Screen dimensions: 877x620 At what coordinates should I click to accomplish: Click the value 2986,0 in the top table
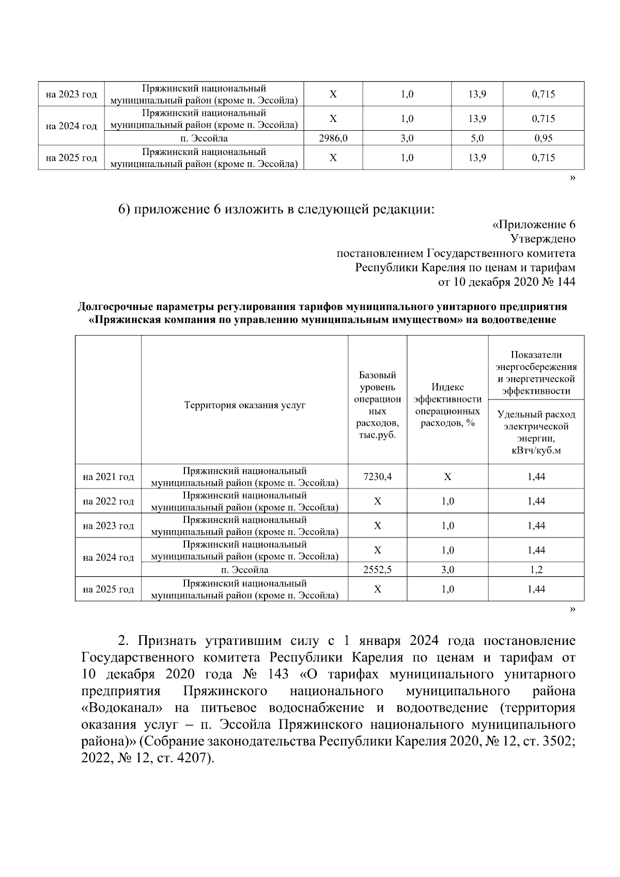click(x=333, y=139)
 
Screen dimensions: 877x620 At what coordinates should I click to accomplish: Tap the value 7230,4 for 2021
click(x=377, y=477)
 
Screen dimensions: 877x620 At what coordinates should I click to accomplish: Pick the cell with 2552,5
click(x=377, y=571)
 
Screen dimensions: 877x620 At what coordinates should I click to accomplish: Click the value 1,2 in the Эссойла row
click(x=536, y=571)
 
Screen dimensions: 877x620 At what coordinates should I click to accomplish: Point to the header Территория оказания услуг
click(x=244, y=405)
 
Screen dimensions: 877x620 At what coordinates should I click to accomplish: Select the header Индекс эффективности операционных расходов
click(x=447, y=405)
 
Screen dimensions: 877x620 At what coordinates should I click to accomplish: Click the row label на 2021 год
click(x=108, y=477)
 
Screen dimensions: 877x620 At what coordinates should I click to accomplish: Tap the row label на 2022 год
click(x=108, y=501)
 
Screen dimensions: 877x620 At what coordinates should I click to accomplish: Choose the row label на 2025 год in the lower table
click(x=108, y=590)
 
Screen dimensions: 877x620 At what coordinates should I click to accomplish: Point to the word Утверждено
click(x=542, y=239)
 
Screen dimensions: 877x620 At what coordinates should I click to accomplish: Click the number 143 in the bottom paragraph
click(x=283, y=675)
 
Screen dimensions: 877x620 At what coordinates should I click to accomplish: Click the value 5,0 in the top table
click(x=477, y=139)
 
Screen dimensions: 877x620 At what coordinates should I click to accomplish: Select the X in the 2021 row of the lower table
click(x=447, y=477)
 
